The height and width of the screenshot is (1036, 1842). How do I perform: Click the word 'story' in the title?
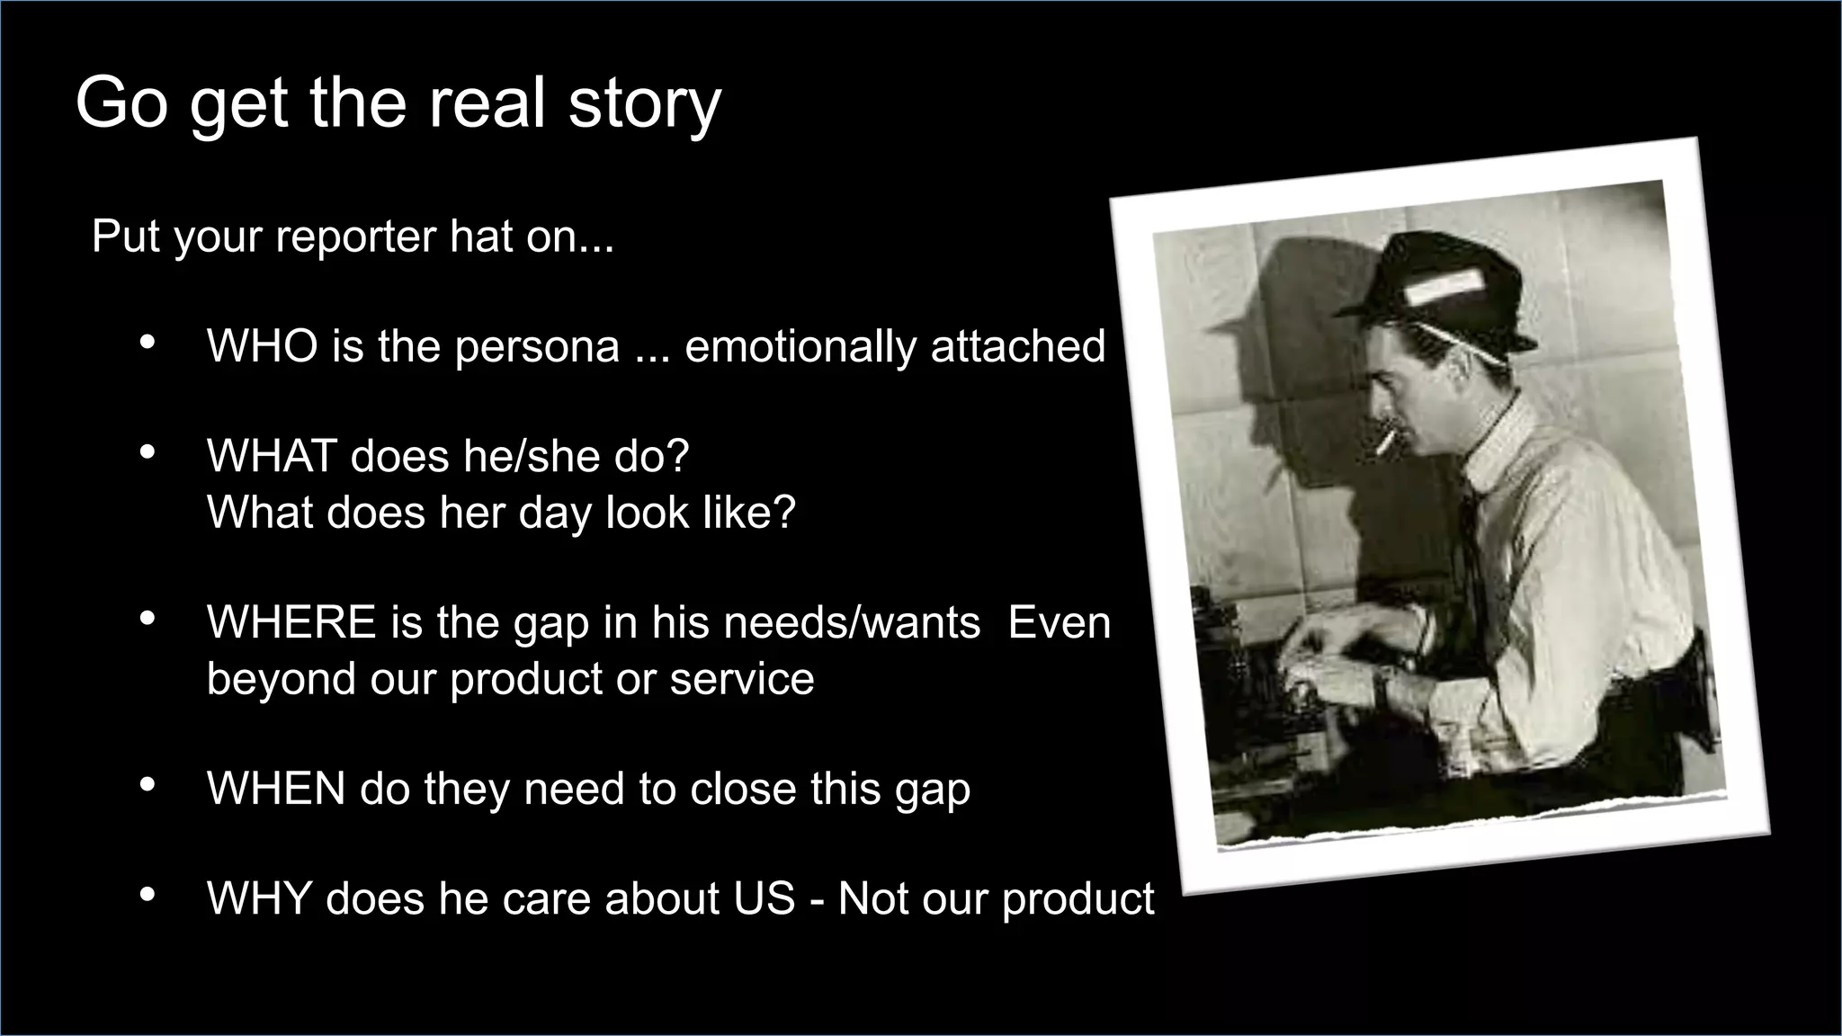pos(644,104)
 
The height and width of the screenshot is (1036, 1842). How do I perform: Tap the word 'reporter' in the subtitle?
pos(356,237)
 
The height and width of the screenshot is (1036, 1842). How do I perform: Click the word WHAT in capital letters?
pos(271,456)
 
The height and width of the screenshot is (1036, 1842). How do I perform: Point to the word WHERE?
pos(291,622)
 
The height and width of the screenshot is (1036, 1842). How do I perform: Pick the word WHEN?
pos(276,789)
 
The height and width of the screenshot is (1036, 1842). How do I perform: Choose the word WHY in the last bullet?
pos(259,898)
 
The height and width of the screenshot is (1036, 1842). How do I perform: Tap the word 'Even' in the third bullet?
pos(1060,622)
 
